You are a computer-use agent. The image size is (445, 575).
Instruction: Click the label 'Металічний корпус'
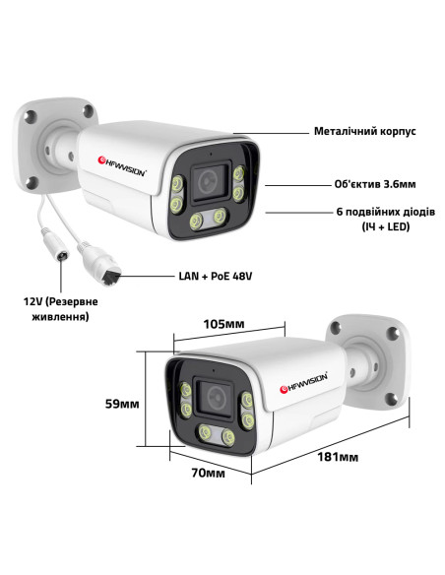click(x=364, y=131)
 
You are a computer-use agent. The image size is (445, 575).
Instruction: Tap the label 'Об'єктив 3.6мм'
click(x=375, y=184)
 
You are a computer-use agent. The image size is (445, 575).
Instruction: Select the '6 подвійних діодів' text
click(x=386, y=212)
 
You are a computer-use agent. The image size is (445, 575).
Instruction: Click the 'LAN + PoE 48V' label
click(x=216, y=276)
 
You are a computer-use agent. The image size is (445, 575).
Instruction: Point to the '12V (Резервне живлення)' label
click(x=60, y=309)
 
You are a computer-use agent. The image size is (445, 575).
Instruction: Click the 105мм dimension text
click(x=223, y=324)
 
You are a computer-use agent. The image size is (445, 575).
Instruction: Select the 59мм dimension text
click(x=122, y=404)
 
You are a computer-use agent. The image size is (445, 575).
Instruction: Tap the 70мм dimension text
click(x=208, y=473)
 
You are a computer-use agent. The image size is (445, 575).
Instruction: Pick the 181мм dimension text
click(x=338, y=457)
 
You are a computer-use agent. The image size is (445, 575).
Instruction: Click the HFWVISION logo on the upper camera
click(x=122, y=166)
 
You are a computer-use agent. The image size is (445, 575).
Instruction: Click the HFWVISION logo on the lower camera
click(x=303, y=383)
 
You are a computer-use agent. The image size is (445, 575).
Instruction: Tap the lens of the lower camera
click(x=216, y=397)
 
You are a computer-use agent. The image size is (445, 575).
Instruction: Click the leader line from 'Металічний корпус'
click(x=272, y=133)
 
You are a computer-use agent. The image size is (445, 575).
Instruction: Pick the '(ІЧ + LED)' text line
click(x=386, y=227)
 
